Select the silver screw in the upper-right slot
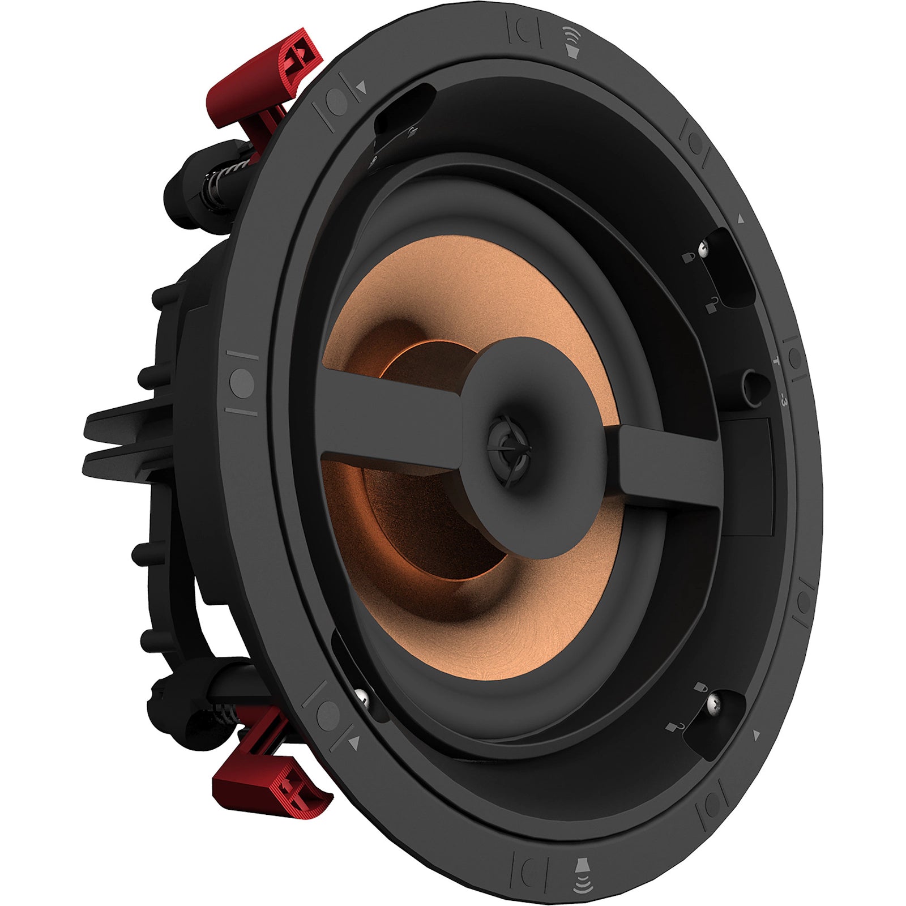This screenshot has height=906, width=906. (704, 247)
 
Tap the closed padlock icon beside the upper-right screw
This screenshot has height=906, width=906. (687, 258)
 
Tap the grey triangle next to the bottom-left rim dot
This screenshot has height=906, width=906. (355, 743)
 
